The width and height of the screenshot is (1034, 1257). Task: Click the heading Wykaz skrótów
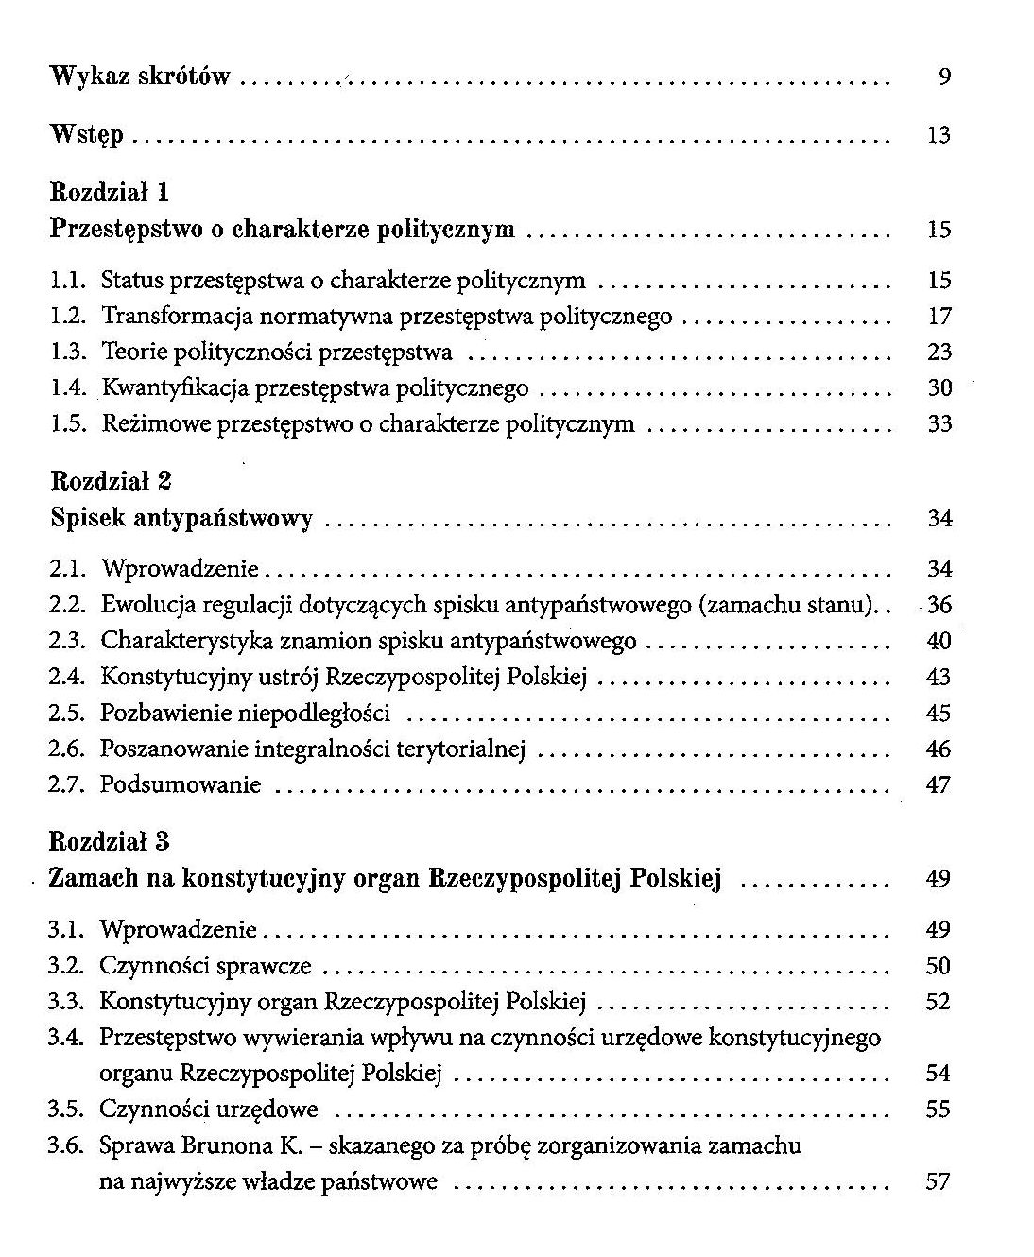140,77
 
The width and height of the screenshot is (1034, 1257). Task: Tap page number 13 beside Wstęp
938,136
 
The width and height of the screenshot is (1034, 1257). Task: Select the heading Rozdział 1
109,193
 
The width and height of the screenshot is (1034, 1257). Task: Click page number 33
939,424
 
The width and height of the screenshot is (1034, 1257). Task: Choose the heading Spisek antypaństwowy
181,518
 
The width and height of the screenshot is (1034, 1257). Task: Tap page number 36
939,605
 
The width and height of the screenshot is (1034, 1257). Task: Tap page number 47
939,785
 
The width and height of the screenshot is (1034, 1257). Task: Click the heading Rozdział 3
109,841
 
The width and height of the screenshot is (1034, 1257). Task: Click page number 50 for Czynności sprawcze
939,966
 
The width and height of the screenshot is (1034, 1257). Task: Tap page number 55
939,1110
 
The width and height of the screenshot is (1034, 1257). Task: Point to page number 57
939,1181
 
